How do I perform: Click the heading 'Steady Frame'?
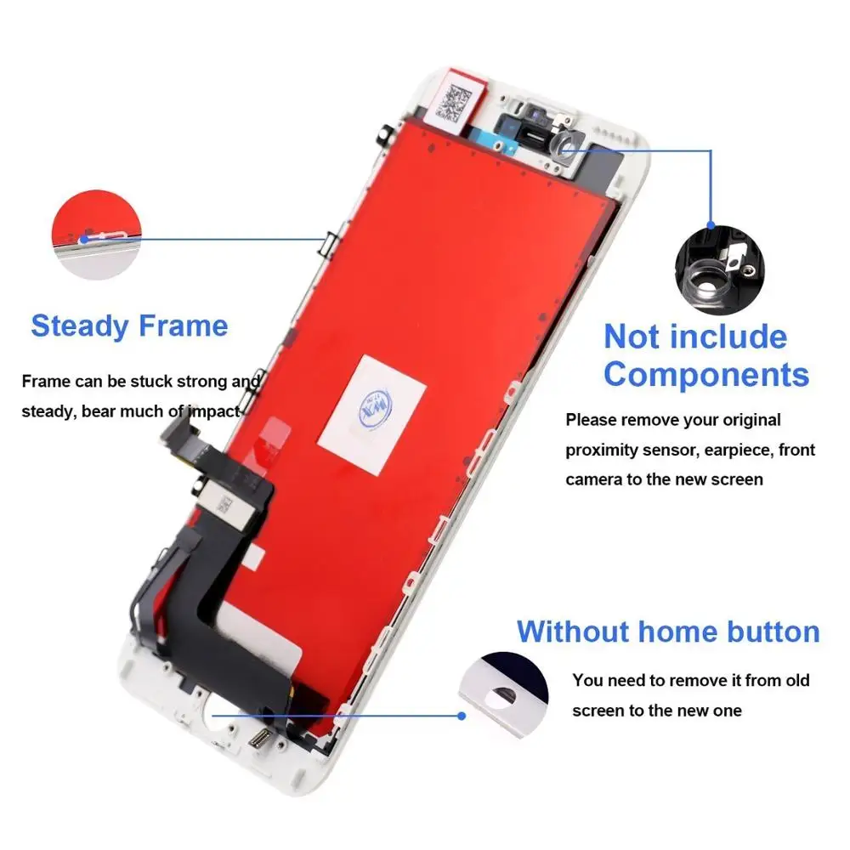click(x=129, y=326)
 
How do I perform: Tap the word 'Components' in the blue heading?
click(x=706, y=374)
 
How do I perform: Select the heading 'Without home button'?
click(x=668, y=632)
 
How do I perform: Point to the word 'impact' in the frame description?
click(x=213, y=412)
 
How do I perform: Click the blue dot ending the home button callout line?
click(x=462, y=716)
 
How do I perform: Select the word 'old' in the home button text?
click(x=797, y=680)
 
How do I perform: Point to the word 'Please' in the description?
click(x=591, y=420)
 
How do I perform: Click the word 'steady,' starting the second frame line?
click(x=49, y=412)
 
